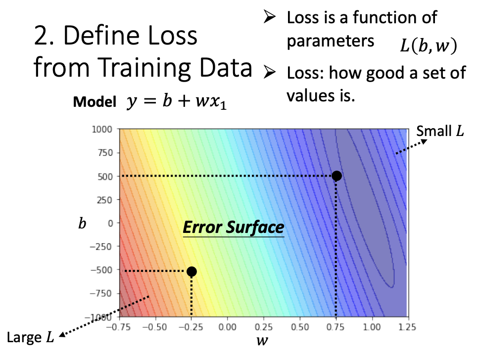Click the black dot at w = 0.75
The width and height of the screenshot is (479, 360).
pyautogui.click(x=336, y=176)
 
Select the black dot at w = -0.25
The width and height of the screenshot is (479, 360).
pyautogui.click(x=192, y=271)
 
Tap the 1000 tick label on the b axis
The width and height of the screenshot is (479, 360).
pyautogui.click(x=102, y=130)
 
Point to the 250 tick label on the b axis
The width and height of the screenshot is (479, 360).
pyautogui.click(x=105, y=200)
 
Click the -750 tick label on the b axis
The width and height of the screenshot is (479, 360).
pyautogui.click(x=100, y=293)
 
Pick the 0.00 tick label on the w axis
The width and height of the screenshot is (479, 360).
pyautogui.click(x=227, y=327)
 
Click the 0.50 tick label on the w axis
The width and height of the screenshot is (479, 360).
pyautogui.click(x=300, y=327)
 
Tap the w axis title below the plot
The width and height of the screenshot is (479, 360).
pyautogui.click(x=262, y=340)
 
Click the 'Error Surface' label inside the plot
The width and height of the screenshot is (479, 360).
pyautogui.click(x=234, y=227)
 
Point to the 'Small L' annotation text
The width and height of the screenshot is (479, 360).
pyautogui.click(x=440, y=131)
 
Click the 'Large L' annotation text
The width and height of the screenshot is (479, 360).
pyautogui.click(x=30, y=337)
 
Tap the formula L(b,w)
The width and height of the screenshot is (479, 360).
pyautogui.click(x=429, y=46)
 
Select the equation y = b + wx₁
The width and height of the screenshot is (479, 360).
pyautogui.click(x=176, y=101)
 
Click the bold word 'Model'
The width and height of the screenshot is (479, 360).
pyautogui.click(x=95, y=102)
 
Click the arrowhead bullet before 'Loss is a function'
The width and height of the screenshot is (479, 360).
pyautogui.click(x=269, y=17)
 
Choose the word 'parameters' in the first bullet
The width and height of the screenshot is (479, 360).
pyautogui.click(x=330, y=41)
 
